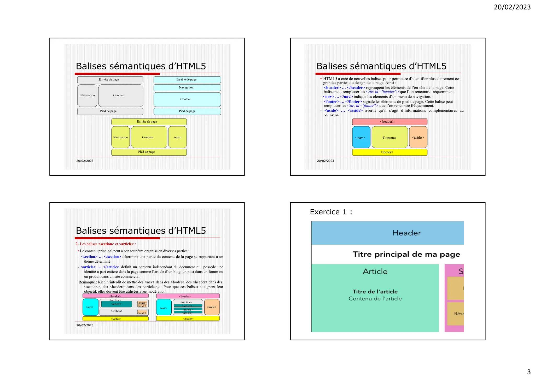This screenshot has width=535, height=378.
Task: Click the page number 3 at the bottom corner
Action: point(528,372)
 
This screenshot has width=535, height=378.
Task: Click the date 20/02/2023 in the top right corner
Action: point(512,7)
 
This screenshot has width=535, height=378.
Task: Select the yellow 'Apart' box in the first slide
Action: point(178,137)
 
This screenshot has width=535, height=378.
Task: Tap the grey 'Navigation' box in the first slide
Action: point(88,96)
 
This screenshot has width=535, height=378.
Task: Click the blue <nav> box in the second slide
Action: point(361,138)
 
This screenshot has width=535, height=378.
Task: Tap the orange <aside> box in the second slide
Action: point(418,138)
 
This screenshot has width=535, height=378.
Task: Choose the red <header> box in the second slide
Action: point(389,122)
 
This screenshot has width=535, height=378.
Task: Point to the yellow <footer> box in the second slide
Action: point(389,152)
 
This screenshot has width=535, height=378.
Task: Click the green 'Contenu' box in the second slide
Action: point(389,138)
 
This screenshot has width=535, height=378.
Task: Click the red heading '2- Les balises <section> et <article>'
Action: point(106,244)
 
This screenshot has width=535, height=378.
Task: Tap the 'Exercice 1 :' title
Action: point(331,212)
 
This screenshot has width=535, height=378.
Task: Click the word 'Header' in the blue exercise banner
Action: point(406,233)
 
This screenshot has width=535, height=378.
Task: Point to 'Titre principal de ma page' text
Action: point(406,254)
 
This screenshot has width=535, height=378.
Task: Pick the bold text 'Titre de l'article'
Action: point(375,292)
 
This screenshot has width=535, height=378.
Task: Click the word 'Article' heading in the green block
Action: point(375,271)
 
